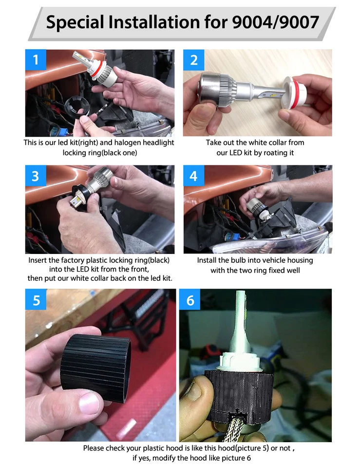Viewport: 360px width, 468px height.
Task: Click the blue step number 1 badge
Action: point(36,60)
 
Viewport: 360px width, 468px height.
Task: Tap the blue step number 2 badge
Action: point(194,60)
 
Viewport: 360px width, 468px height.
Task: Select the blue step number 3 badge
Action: point(36,175)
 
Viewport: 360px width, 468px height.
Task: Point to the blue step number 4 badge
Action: point(194,175)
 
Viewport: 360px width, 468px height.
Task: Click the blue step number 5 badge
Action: point(36,300)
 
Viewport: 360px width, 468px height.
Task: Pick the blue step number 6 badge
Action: point(190,300)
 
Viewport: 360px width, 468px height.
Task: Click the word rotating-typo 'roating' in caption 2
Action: point(270,153)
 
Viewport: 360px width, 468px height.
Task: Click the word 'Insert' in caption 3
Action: point(38,260)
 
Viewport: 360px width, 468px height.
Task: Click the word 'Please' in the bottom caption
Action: point(93,448)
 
